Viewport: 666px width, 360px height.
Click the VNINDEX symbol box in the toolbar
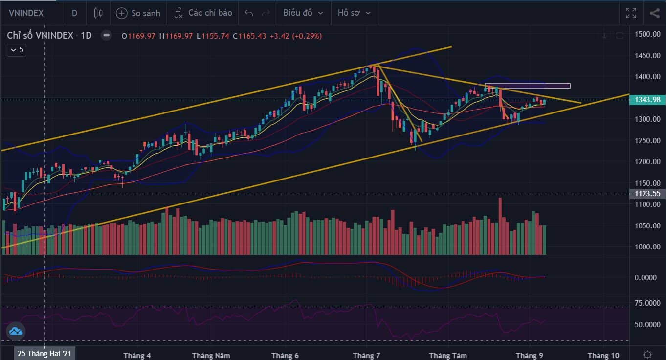(26, 13)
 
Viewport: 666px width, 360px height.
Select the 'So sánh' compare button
(138, 13)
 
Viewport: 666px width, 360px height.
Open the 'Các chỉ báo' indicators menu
(203, 13)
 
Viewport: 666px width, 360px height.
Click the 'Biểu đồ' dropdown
(303, 13)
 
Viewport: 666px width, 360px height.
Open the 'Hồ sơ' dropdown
(355, 13)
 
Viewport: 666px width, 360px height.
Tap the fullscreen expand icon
(631, 13)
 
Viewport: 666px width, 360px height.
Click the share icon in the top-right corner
(654, 13)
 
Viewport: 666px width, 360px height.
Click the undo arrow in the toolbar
(248, 13)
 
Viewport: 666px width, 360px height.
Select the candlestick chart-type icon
(98, 13)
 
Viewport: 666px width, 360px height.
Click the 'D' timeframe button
(74, 13)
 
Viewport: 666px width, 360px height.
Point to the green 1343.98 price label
(647, 100)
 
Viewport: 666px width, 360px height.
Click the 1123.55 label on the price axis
(647, 194)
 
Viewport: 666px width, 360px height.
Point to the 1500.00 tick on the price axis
(647, 34)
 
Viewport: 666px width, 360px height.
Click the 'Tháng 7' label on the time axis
(366, 355)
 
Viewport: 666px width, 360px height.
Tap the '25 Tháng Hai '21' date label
(44, 354)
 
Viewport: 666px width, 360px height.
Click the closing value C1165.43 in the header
(249, 36)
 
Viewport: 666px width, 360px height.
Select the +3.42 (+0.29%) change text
(295, 36)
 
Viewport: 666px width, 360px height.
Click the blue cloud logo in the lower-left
(16, 331)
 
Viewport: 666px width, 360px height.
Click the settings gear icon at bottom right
(647, 354)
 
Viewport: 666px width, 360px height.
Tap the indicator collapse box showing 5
(17, 50)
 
